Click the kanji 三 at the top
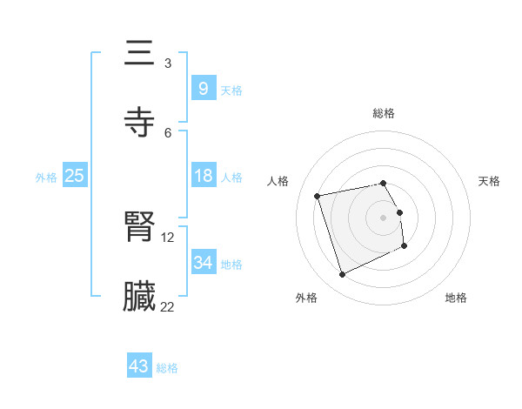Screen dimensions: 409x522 (140, 55)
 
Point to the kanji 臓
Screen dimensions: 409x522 (140, 297)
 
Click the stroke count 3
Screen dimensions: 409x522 (168, 64)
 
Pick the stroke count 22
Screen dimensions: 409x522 (168, 306)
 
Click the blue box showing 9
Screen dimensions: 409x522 (203, 88)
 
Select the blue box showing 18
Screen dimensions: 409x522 (203, 176)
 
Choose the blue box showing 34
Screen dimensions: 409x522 (203, 262)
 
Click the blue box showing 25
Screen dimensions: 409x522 (74, 176)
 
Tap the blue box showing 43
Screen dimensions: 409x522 (139, 366)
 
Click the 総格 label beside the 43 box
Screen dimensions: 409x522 (168, 368)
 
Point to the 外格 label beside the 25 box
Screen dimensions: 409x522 (46, 178)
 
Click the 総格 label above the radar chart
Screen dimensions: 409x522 (384, 113)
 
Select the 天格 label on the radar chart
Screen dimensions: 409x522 (490, 181)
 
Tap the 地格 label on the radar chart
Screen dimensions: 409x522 (456, 298)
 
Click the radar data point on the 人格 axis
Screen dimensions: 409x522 (318, 195)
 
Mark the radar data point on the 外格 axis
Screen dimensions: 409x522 (342, 275)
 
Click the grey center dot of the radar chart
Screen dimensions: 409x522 (384, 217)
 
